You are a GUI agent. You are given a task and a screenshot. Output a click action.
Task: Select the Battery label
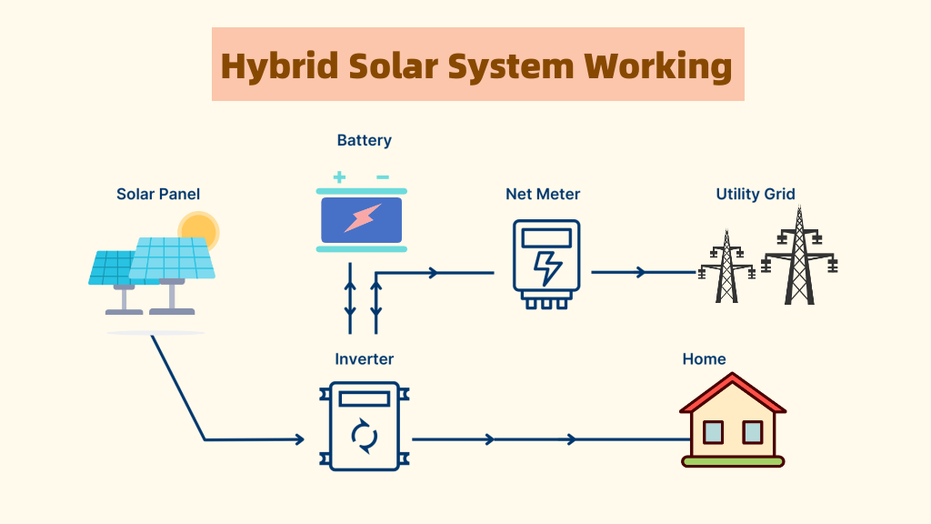(x=364, y=140)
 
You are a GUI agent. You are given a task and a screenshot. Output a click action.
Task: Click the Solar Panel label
(x=158, y=194)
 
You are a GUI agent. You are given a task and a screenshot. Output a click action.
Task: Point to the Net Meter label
(x=543, y=194)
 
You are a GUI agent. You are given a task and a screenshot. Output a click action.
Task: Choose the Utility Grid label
(x=756, y=194)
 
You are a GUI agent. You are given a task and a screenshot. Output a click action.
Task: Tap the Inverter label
(x=365, y=359)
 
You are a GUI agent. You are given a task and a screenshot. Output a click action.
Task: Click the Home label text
(x=704, y=359)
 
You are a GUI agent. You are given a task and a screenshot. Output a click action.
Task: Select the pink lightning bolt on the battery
(x=362, y=218)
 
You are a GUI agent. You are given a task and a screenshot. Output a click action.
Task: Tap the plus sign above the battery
(x=339, y=177)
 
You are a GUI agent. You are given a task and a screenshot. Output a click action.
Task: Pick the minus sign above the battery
(x=383, y=177)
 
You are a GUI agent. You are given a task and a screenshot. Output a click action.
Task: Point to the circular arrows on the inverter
(x=364, y=436)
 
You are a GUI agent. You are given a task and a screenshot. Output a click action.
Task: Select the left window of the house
(x=713, y=431)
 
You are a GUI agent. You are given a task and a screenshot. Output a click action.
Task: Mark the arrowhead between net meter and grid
(x=642, y=272)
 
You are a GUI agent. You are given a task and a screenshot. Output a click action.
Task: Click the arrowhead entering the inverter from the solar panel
(x=299, y=440)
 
